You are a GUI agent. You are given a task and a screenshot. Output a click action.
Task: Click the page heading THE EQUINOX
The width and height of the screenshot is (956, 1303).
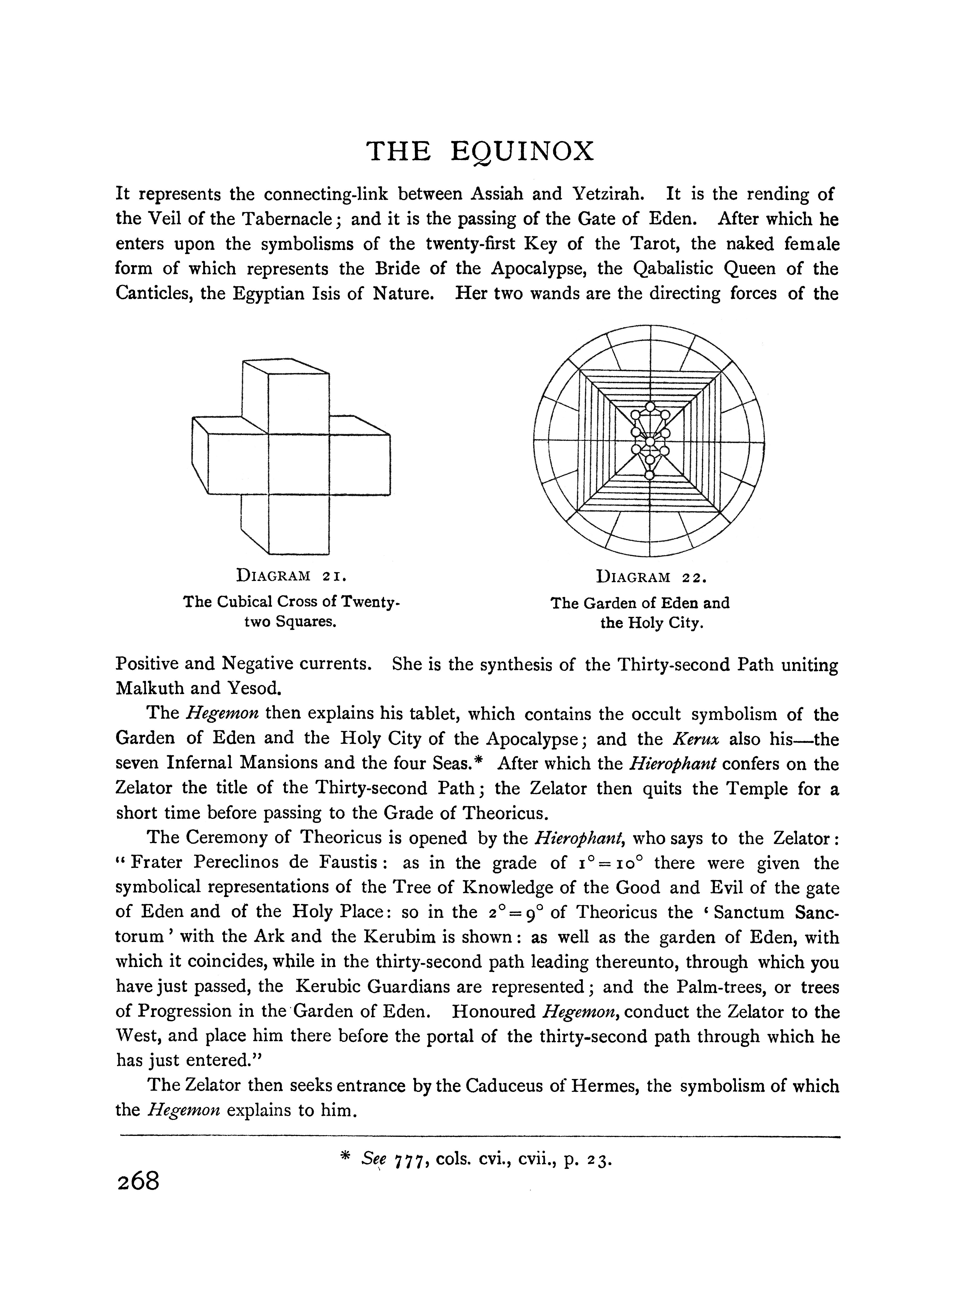coord(480,152)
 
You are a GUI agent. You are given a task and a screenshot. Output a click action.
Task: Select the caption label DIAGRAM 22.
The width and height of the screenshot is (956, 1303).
coord(651,577)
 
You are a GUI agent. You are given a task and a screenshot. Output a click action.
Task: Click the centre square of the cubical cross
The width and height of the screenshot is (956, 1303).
coord(299,464)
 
